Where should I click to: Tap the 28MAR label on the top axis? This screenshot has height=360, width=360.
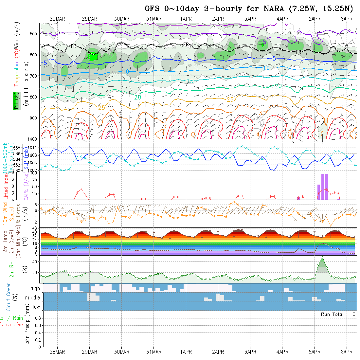coord(57,19)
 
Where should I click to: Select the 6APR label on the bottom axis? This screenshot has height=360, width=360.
coord(347,352)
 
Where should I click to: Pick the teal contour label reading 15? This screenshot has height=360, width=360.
coord(190,81)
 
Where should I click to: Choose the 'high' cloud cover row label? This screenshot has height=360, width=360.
coord(35,288)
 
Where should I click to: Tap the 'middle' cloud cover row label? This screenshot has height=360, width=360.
coord(32,297)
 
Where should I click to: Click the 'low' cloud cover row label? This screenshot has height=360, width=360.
coord(36,307)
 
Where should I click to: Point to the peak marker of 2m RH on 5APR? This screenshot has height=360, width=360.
coord(323,258)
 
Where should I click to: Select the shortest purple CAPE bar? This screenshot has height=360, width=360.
coord(298,198)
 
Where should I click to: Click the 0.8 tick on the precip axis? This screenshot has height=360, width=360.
coord(37,318)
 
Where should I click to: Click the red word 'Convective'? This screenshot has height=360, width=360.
coord(11,325)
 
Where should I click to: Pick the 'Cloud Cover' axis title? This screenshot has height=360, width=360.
coord(9,297)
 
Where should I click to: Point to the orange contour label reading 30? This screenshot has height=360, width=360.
coord(262,113)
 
